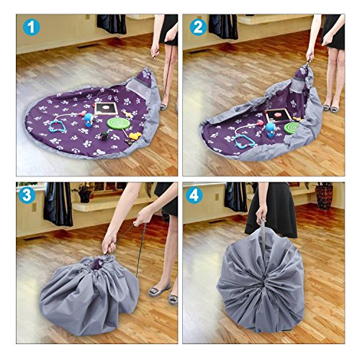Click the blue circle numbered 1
click(x=32, y=27)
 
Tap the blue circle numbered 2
click(x=198, y=27)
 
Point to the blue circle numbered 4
click(x=194, y=196)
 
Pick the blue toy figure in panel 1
click(x=89, y=120)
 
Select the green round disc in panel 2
click(x=291, y=127)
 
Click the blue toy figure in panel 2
click(x=271, y=130)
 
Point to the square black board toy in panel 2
click(x=279, y=117)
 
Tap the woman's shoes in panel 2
click(x=331, y=107)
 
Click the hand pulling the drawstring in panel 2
click(x=310, y=55)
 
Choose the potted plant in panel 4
click(x=324, y=195)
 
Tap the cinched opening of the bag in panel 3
click(x=102, y=261)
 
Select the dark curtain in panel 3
click(x=58, y=204)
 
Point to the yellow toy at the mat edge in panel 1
click(x=135, y=136)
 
